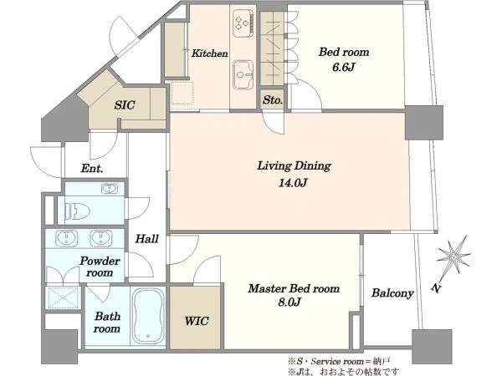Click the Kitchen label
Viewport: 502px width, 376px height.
(210, 53)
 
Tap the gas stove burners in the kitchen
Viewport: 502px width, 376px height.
(242, 23)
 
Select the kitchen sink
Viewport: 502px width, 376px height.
(243, 74)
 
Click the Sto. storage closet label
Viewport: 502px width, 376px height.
(273, 100)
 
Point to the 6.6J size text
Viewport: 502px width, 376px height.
(344, 68)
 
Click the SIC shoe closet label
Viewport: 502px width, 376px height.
(125, 105)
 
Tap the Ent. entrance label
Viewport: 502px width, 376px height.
(92, 168)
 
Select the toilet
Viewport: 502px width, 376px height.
(78, 211)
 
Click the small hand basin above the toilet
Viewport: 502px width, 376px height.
(109, 189)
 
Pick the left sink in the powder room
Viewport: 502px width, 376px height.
(67, 238)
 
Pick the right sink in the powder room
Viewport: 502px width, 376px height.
(101, 238)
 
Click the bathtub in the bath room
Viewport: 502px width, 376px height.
(148, 316)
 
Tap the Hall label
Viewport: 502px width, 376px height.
(146, 239)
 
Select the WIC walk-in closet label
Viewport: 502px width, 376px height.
(197, 321)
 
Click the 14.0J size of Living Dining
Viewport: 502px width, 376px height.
(293, 183)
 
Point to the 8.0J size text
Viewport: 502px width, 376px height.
(289, 302)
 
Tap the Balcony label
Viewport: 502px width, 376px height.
(392, 293)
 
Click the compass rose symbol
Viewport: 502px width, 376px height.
(454, 257)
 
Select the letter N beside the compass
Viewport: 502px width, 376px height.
(435, 288)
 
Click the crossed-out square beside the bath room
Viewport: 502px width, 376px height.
(63, 297)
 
